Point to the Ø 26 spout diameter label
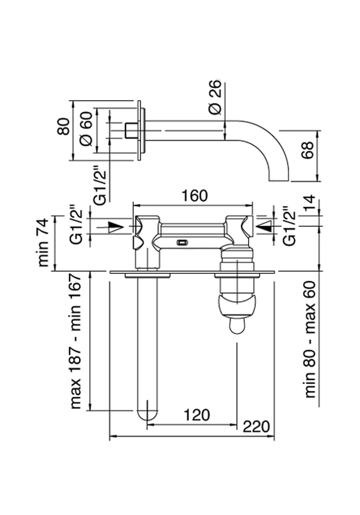215,98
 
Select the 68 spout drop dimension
308,155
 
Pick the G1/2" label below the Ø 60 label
99,185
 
